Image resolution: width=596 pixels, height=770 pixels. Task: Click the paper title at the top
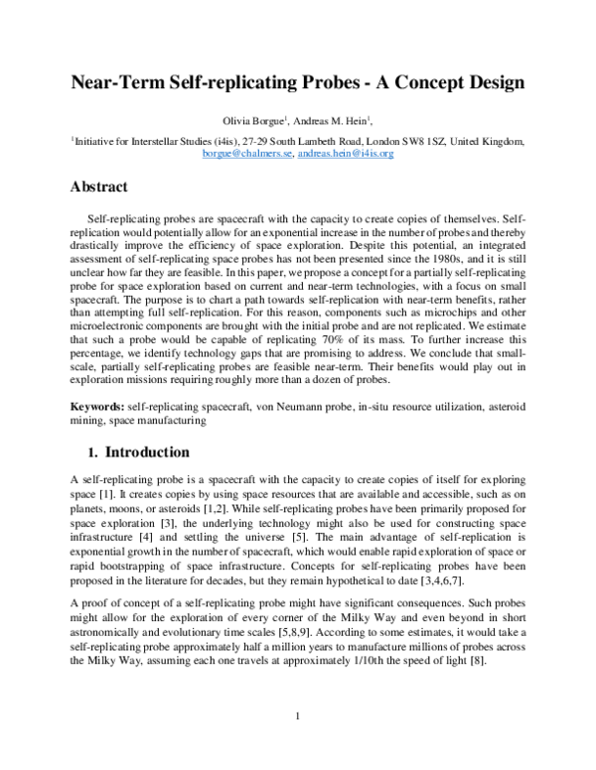[x=297, y=82]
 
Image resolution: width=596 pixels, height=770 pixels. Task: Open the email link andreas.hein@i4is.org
[x=348, y=155]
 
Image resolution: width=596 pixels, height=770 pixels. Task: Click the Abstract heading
[x=104, y=186]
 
